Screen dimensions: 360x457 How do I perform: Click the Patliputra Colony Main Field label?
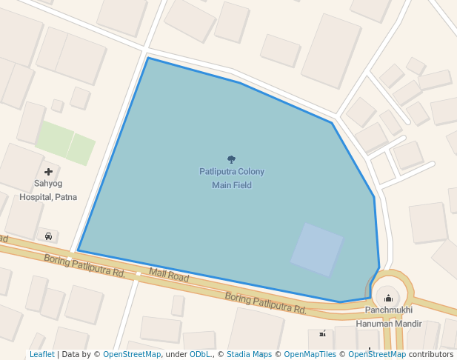(231, 178)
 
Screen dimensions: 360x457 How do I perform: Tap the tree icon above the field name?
(231, 159)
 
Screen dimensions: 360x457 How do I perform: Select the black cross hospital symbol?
(48, 172)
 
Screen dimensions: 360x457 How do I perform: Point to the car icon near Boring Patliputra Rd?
(48, 236)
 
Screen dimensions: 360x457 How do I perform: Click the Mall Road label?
(169, 276)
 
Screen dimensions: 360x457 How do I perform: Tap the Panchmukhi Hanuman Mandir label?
(388, 316)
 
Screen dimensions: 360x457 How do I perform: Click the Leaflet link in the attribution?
(41, 354)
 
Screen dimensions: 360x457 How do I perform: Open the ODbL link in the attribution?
(200, 354)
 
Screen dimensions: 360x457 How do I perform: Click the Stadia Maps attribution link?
(249, 354)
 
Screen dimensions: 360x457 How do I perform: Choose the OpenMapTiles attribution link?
(310, 354)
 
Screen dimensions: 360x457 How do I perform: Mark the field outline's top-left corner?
(148, 58)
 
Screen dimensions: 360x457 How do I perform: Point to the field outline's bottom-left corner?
(78, 251)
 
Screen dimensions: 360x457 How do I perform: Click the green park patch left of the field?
(65, 143)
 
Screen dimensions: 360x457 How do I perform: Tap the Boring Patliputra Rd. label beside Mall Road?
(84, 265)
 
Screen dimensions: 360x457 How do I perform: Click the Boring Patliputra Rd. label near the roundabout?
(265, 302)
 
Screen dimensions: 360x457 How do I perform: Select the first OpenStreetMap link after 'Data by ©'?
(132, 354)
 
